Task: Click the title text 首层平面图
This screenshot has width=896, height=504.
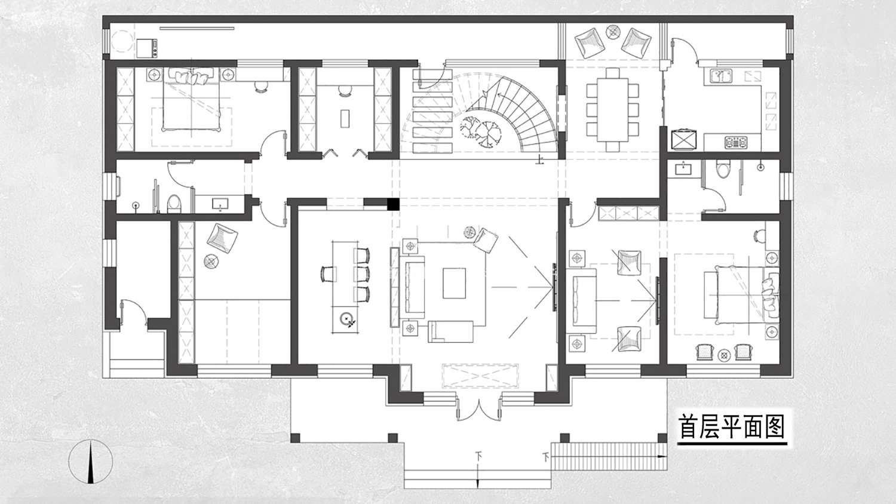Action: click(732, 426)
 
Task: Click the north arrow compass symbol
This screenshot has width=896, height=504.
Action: click(91, 462)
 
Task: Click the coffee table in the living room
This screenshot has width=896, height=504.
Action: click(455, 283)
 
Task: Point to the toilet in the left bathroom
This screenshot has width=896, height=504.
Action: click(174, 204)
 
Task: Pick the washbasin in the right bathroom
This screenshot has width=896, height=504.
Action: click(684, 169)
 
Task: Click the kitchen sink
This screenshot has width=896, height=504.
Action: click(721, 76)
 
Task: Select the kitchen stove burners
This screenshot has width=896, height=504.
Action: click(736, 142)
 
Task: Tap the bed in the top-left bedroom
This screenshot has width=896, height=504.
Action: click(192, 100)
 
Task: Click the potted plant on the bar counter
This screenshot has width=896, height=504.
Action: click(346, 319)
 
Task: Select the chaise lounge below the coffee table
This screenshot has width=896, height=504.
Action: click(451, 331)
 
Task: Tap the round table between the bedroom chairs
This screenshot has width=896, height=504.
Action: click(723, 355)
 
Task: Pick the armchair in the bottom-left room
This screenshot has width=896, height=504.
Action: click(222, 238)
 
